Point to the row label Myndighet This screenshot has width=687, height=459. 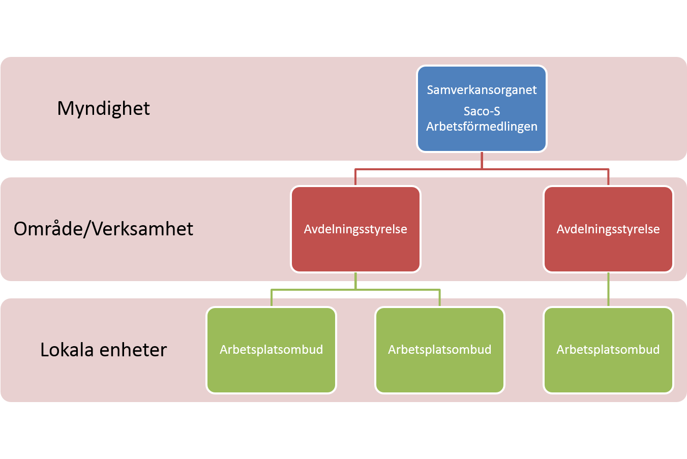click(103, 108)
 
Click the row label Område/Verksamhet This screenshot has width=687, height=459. click(103, 229)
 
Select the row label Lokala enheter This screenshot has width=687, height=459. click(103, 350)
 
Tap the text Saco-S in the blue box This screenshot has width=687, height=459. click(482, 111)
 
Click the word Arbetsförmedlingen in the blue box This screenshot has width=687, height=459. click(482, 127)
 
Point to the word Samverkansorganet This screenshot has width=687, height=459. click(482, 90)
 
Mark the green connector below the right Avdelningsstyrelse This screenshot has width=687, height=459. click(608, 289)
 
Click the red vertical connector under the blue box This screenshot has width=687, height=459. click(482, 160)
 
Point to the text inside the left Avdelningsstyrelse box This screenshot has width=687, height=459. click(355, 229)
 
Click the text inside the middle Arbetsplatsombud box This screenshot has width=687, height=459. click(440, 350)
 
